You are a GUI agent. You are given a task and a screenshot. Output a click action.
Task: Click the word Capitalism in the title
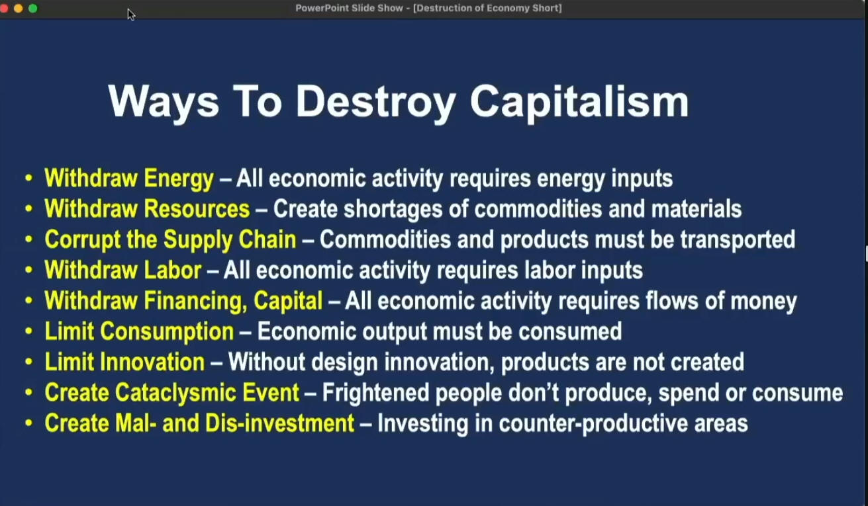[x=580, y=103]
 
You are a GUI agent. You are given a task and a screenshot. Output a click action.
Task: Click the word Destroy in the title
[x=375, y=103]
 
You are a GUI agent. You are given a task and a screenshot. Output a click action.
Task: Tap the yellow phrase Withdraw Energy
[x=129, y=179]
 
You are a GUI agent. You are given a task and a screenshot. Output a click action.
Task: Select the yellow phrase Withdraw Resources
[x=147, y=209]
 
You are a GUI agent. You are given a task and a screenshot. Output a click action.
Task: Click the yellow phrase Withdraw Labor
[x=123, y=270]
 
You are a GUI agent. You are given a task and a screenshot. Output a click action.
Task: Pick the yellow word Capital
[x=288, y=301]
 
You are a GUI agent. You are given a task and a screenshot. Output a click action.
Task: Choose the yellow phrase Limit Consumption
[x=140, y=332]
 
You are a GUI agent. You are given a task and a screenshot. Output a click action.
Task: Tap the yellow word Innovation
[x=152, y=362]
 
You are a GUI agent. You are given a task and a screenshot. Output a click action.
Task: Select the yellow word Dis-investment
[x=280, y=423]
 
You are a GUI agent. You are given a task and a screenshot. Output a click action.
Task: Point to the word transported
[x=738, y=240]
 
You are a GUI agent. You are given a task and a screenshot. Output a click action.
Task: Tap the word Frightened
[x=375, y=393]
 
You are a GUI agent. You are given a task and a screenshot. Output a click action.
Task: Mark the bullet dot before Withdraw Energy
[x=28, y=178]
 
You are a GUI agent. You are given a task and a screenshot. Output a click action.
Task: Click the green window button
[x=33, y=8]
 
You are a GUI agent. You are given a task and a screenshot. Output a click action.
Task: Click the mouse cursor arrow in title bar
[x=131, y=15]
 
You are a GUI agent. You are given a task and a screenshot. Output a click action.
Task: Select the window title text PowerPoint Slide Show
[x=349, y=8]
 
